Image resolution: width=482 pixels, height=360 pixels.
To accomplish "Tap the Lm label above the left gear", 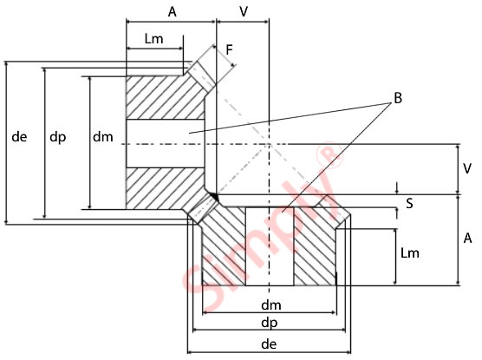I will [154, 39].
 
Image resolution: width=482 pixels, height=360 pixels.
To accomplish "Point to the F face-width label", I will [229, 50].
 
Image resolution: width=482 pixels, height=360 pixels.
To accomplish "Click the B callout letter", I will [397, 98].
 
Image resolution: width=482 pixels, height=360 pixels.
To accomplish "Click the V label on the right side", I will [467, 167].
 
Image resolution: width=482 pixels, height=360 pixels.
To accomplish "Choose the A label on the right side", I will [467, 238].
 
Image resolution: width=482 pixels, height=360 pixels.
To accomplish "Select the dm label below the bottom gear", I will [269, 305].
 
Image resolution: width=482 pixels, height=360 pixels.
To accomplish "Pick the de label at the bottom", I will [269, 344].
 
